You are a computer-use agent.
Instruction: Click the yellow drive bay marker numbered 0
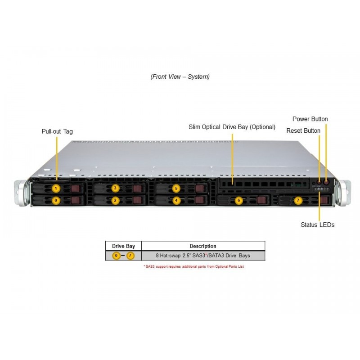coord(56,200)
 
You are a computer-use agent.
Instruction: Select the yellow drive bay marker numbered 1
coord(56,188)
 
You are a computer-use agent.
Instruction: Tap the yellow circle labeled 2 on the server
coord(115,200)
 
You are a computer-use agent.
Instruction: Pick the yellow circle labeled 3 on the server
coord(115,188)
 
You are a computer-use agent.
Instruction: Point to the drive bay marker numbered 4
coord(176,200)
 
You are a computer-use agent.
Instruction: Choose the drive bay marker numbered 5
coord(176,188)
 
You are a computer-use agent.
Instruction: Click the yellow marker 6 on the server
coord(239,200)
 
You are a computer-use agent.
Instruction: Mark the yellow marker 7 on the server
coord(297,200)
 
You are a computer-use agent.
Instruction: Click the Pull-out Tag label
coord(57,131)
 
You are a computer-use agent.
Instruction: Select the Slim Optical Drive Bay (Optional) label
coord(232,127)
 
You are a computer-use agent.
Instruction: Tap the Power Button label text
coord(310,119)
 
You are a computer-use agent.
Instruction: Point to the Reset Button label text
coord(303,130)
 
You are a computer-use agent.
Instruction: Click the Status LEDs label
coord(317,225)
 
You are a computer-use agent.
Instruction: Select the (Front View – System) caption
coord(180,76)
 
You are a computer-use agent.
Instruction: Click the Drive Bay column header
coord(123,246)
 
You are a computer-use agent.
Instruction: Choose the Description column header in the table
coord(203,246)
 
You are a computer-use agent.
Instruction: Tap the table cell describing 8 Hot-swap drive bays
coord(203,256)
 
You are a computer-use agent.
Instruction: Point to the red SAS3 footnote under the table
coord(193,266)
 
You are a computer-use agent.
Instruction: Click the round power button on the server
coord(326,183)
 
